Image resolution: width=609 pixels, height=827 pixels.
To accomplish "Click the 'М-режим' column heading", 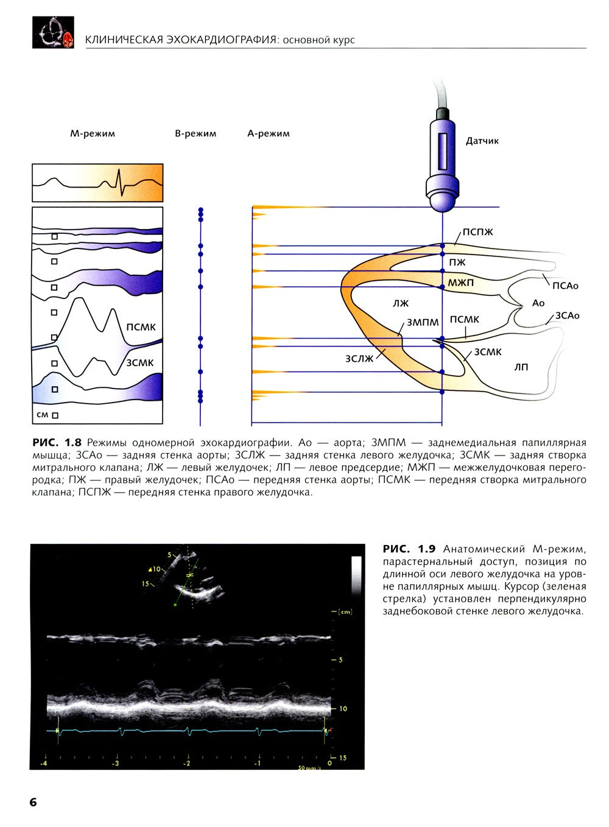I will (93, 133).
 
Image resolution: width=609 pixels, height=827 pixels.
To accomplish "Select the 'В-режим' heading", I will (195, 133).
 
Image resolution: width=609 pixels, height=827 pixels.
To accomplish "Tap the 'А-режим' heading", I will (269, 133).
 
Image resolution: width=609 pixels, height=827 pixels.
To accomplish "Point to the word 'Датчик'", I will (482, 141).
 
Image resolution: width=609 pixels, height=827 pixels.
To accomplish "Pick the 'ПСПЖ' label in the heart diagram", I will (477, 232).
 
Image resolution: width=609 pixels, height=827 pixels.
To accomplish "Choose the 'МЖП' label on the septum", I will (460, 283).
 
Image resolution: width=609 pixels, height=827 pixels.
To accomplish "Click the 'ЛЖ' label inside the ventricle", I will (401, 303).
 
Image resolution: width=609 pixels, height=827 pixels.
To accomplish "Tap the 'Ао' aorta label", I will (538, 303).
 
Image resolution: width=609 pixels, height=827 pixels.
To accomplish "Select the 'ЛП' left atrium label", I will (521, 367).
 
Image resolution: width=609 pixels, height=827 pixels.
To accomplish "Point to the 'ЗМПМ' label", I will (423, 322).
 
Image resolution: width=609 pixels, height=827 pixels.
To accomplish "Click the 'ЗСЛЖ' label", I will (359, 359).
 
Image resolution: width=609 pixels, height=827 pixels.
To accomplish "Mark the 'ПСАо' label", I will (565, 286).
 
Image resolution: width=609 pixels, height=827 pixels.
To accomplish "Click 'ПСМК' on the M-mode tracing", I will (141, 327).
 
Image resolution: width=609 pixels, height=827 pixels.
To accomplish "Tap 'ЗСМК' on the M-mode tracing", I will (139, 363).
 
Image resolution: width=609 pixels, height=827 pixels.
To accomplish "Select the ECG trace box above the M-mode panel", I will (97, 182).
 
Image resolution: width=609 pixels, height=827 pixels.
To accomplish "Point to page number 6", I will (33, 802).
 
